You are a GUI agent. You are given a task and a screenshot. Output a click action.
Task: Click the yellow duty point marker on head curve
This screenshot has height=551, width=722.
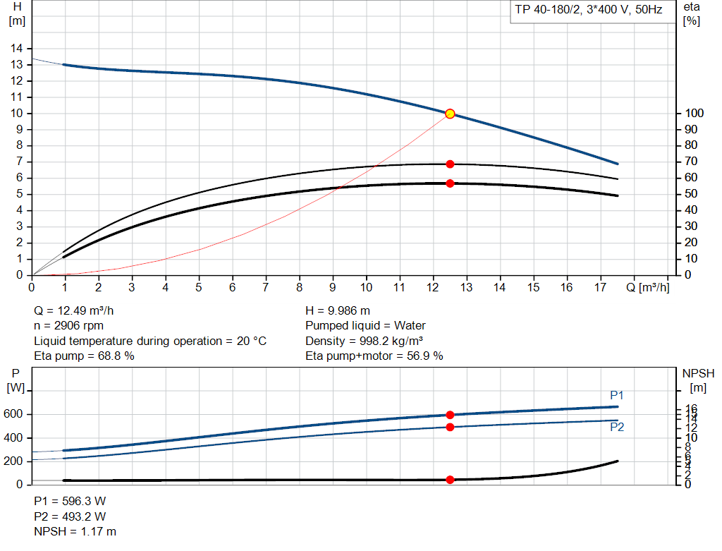(450, 114)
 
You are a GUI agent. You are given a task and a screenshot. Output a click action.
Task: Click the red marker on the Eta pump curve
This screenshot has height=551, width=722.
(450, 164)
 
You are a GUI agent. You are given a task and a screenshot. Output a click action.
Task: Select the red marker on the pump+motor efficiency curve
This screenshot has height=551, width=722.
(450, 183)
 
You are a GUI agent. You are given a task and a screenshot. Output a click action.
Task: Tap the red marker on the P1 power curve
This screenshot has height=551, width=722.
(450, 415)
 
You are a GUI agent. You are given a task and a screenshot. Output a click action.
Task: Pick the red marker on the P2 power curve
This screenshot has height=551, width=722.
(450, 427)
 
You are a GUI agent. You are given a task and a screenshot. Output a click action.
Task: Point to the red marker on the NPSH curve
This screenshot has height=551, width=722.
(450, 480)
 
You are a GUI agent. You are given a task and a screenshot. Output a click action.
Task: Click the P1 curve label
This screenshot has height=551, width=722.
(617, 395)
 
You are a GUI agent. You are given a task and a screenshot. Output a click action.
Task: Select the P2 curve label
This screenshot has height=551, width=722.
(617, 427)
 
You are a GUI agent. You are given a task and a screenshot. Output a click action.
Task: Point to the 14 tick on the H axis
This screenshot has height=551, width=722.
(16, 49)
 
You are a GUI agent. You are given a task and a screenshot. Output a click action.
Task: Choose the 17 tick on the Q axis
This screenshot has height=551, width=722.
(600, 288)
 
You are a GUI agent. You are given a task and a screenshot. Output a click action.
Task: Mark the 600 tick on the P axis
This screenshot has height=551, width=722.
(14, 414)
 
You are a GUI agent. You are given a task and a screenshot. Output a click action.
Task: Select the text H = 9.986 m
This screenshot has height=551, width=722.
(338, 310)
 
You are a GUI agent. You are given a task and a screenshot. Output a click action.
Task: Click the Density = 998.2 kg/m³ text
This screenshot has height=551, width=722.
(364, 341)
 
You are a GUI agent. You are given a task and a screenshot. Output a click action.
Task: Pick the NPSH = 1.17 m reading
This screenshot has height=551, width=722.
(75, 531)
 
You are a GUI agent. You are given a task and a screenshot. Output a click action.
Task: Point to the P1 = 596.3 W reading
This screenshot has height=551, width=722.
(70, 501)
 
